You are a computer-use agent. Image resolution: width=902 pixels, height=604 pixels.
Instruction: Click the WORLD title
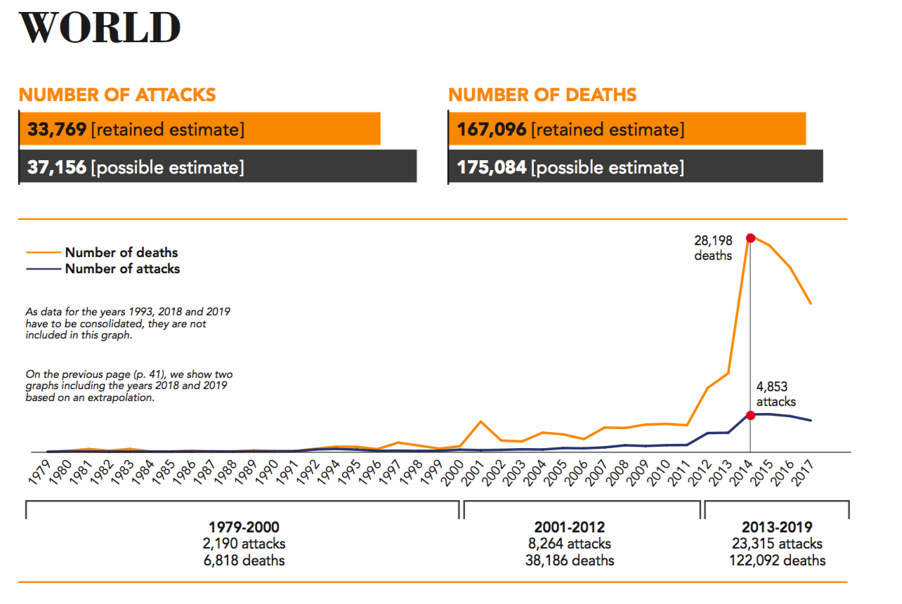100,28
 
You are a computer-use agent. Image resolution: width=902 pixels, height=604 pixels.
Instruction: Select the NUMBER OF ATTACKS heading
117,95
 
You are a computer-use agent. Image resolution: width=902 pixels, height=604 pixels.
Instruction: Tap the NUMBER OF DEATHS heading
542,95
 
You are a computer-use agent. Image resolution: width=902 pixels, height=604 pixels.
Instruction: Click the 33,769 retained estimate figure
58,129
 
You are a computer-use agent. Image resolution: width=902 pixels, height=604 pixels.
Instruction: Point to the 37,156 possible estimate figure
58,167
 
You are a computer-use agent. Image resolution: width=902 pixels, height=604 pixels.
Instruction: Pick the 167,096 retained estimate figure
492,129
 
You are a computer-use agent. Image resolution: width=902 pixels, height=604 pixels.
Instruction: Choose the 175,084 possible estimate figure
492,167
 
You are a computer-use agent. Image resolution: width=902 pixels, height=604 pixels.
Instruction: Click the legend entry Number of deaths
122,252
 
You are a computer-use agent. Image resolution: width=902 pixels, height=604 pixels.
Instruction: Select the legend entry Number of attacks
122,268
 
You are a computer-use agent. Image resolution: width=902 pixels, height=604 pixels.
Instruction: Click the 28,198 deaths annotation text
713,248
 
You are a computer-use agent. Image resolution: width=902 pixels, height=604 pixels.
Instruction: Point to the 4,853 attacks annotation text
776,394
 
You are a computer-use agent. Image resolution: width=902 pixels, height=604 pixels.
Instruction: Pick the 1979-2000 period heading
244,527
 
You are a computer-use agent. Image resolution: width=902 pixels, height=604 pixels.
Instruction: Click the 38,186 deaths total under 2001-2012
570,560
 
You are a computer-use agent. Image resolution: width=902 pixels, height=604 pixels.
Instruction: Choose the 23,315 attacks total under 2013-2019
777,544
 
